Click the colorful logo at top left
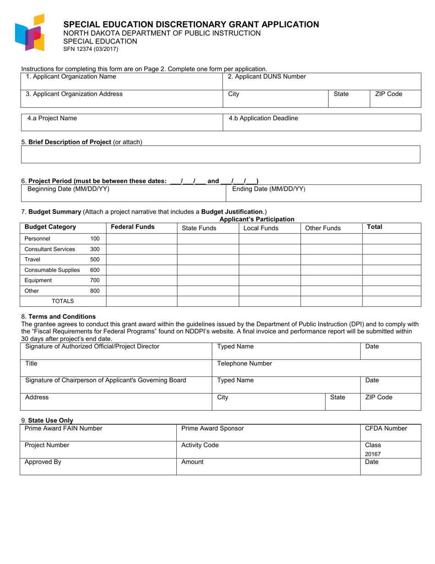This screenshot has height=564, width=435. [30, 33]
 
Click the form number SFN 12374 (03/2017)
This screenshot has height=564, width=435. [90, 49]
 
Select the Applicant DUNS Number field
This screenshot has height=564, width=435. [321, 81]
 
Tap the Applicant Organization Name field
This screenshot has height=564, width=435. [121, 81]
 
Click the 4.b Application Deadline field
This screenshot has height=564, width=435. [321, 122]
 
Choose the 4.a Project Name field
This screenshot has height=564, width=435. [122, 122]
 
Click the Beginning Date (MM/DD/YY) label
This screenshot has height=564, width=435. [69, 189]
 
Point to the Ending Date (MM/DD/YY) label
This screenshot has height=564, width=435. [269, 189]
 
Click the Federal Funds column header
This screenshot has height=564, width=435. [133, 227]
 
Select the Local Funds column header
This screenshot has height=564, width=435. [261, 228]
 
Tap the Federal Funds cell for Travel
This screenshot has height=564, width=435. [141, 260]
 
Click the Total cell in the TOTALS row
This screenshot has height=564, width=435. [391, 301]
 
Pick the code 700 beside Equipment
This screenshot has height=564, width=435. [95, 280]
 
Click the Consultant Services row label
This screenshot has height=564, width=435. [50, 249]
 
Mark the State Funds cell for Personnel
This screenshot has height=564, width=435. [207, 239]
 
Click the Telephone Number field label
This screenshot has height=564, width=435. [245, 364]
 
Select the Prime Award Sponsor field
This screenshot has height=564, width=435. [268, 432]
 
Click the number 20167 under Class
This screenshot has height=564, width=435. [373, 454]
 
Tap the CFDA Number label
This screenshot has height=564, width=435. [386, 429]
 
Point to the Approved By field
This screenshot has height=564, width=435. [98, 466]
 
